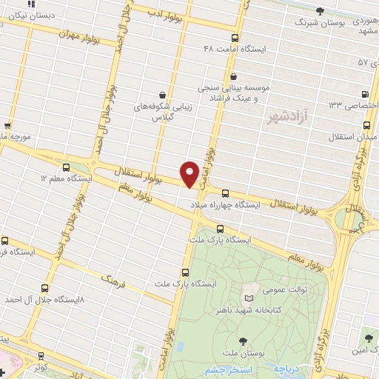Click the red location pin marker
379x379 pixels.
190,174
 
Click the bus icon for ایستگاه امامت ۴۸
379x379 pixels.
235,38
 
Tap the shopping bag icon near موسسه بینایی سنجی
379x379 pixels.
234,76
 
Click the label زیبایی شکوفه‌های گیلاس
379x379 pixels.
166,112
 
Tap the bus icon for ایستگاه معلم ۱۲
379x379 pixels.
67,168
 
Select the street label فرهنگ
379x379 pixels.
114,278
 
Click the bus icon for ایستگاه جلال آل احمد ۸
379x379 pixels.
45,289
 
